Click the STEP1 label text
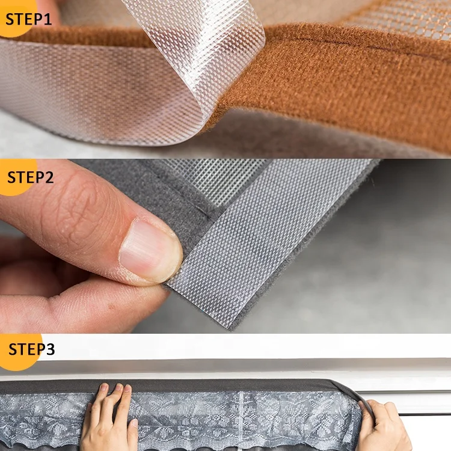coord(28,18)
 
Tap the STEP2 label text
coord(30,177)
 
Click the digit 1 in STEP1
coord(48,18)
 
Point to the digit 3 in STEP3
coord(50,349)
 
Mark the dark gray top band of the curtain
coord(180,385)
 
